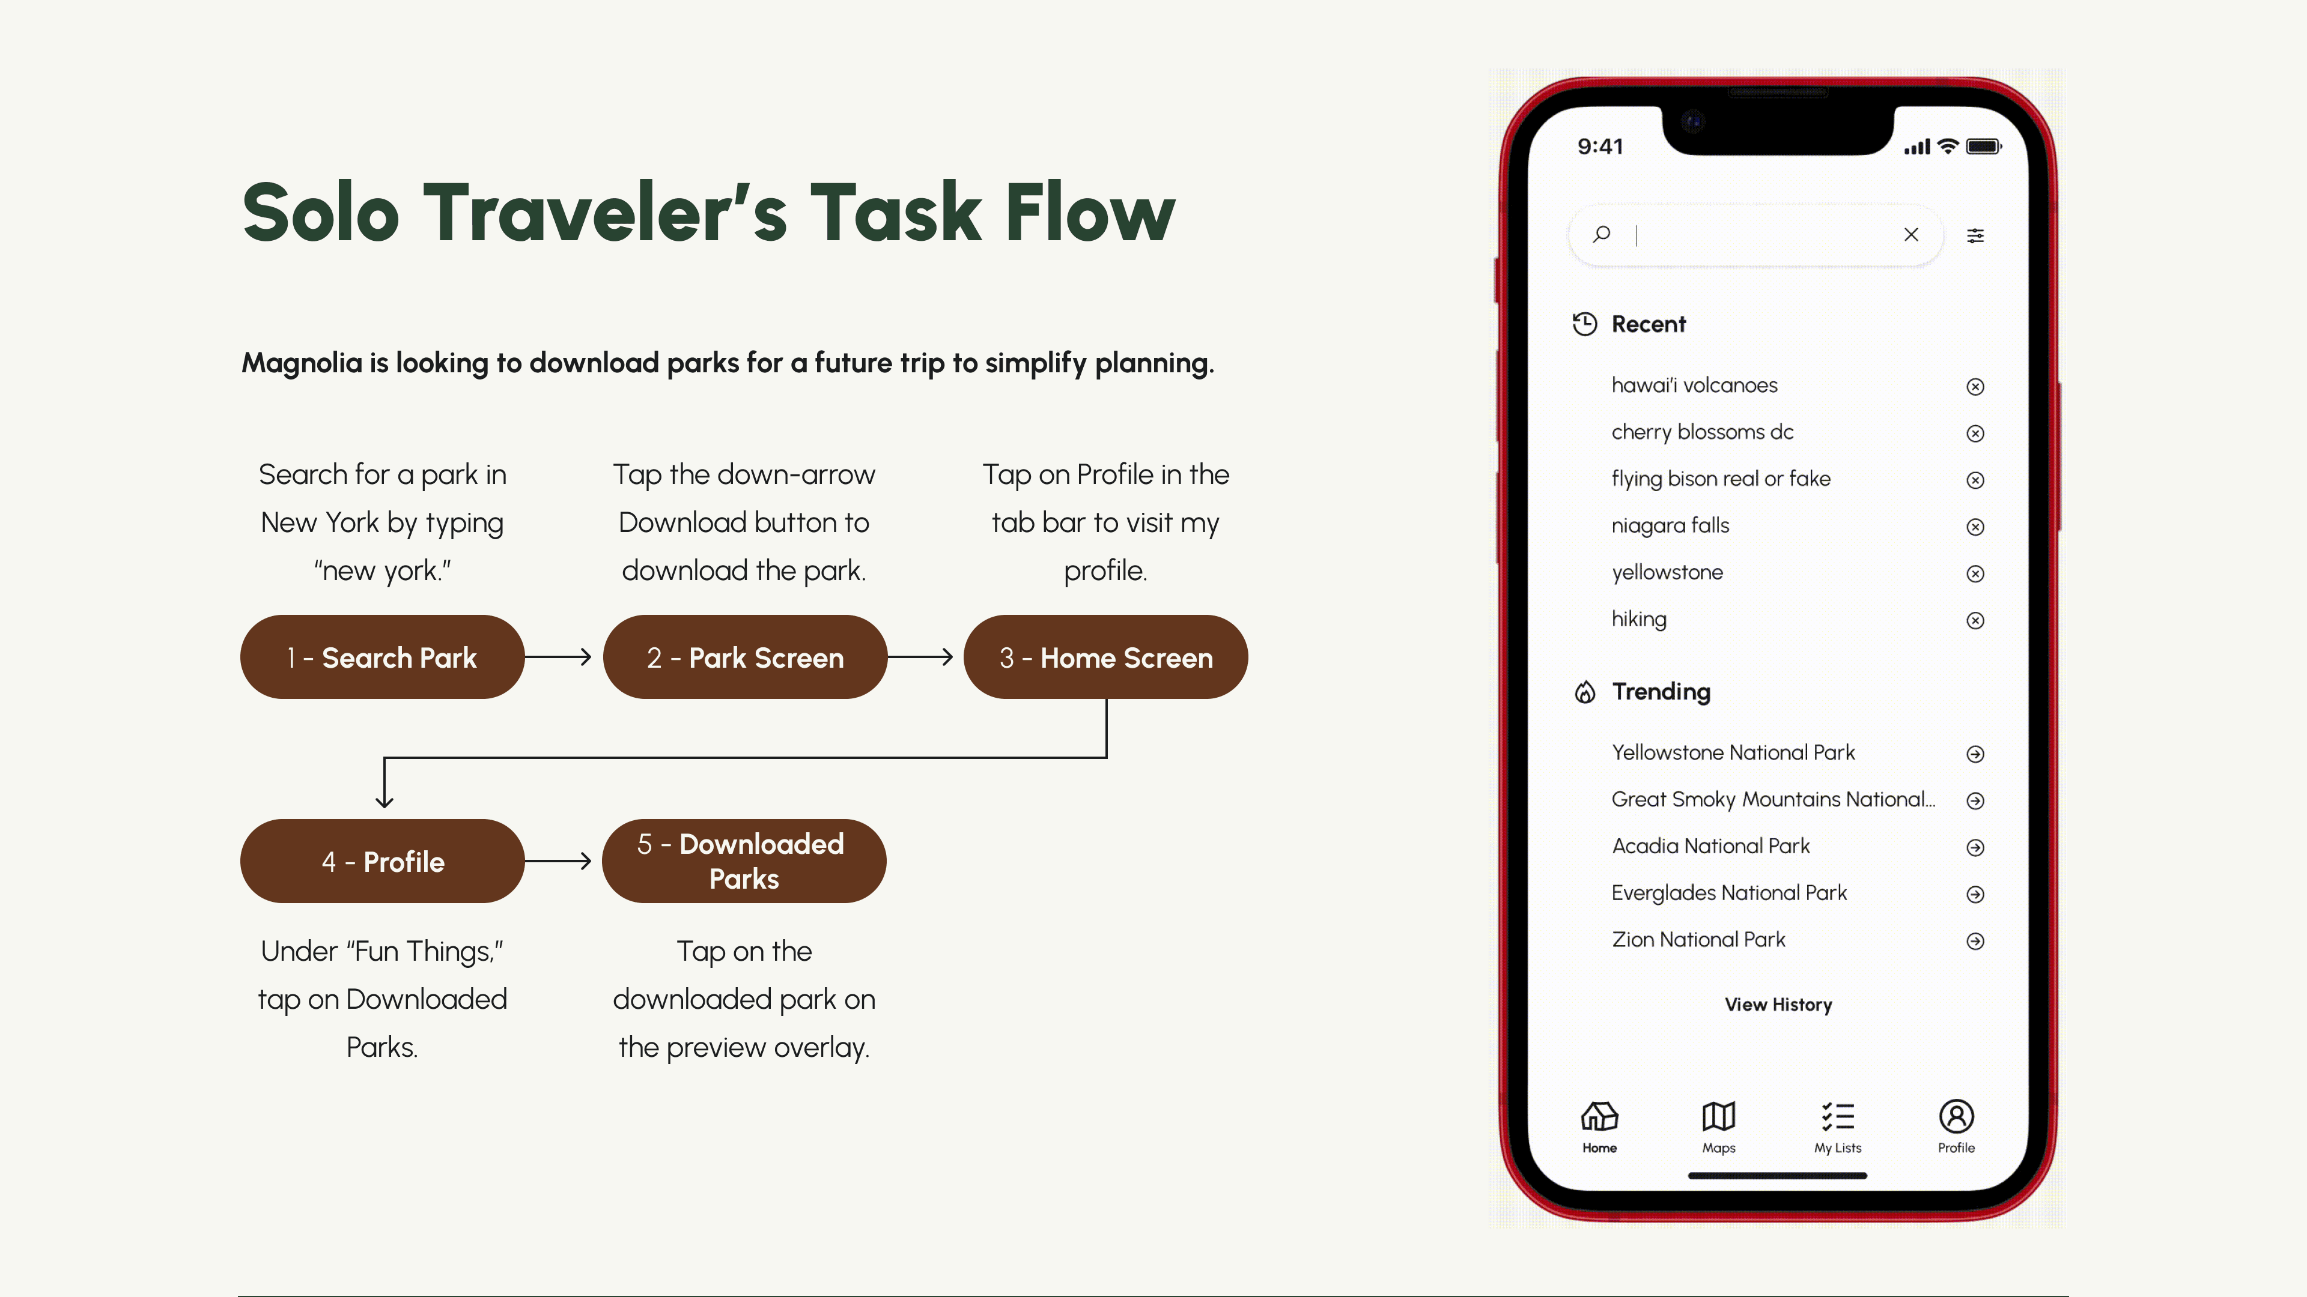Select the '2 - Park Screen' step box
[744, 657]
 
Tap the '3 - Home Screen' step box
[1105, 657]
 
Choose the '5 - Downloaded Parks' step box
[744, 861]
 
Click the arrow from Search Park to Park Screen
[558, 657]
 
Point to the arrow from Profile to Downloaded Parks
[558, 861]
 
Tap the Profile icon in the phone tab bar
[1956, 1116]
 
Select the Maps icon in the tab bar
[1719, 1116]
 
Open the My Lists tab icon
[1838, 1116]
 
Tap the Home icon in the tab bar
[1599, 1116]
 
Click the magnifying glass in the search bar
[1601, 235]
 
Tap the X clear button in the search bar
[1911, 235]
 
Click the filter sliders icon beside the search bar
[1975, 235]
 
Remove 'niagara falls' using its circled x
[1975, 527]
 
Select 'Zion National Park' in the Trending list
[1698, 940]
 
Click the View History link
[1778, 1005]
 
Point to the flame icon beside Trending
[1585, 692]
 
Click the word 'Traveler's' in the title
[606, 213]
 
